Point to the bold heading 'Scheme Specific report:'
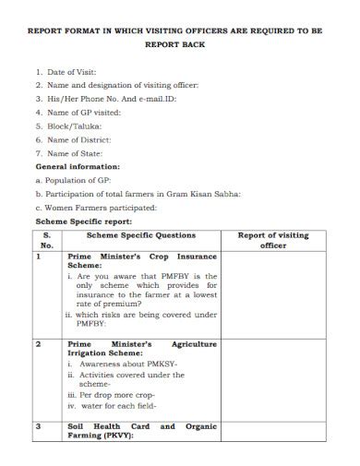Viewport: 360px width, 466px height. click(x=83, y=221)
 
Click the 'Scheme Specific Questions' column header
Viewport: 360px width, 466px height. click(x=141, y=235)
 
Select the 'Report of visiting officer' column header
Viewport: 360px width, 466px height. click(x=273, y=241)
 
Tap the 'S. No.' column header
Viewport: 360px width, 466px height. click(x=47, y=241)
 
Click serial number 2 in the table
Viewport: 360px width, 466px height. click(x=39, y=343)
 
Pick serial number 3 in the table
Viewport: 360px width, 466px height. click(x=39, y=426)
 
